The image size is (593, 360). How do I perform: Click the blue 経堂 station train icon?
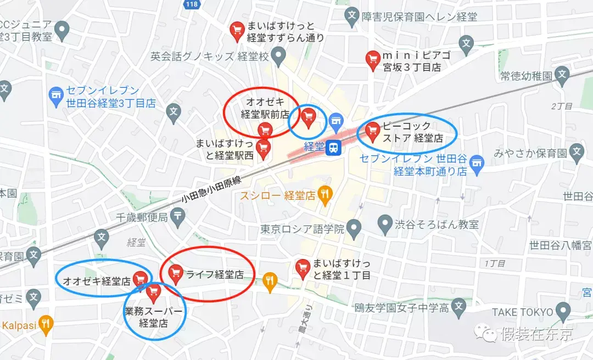333,147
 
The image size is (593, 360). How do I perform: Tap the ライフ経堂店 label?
215,274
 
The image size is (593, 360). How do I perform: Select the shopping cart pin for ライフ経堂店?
176,272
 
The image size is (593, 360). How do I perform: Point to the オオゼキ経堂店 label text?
97,281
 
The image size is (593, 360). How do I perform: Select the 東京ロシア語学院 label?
303,228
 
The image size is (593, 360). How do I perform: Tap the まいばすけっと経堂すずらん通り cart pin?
237,30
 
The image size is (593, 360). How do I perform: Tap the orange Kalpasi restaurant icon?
46,325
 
